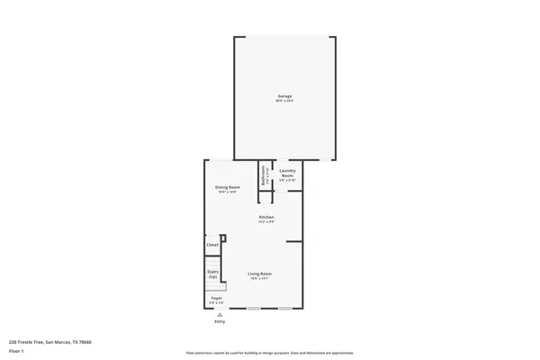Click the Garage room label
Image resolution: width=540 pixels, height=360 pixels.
(284, 96)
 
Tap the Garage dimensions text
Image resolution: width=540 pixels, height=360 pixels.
(284, 101)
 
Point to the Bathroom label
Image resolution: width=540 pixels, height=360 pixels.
(263, 174)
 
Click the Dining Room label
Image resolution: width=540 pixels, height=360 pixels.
(227, 187)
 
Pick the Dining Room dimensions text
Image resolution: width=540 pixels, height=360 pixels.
(227, 192)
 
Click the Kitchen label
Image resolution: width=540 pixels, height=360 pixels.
(266, 216)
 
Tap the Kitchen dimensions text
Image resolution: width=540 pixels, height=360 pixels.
(266, 220)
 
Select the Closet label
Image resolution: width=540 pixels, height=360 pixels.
(212, 245)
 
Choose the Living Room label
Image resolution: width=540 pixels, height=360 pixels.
(261, 274)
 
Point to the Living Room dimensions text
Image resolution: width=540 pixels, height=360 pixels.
(261, 278)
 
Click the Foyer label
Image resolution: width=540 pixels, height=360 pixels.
(216, 298)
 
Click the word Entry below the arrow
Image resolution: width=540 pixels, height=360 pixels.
(220, 321)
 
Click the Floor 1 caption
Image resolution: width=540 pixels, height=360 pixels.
(17, 349)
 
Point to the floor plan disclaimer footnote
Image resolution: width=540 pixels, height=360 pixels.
(269, 353)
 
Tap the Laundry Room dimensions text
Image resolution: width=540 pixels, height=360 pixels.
(287, 181)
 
